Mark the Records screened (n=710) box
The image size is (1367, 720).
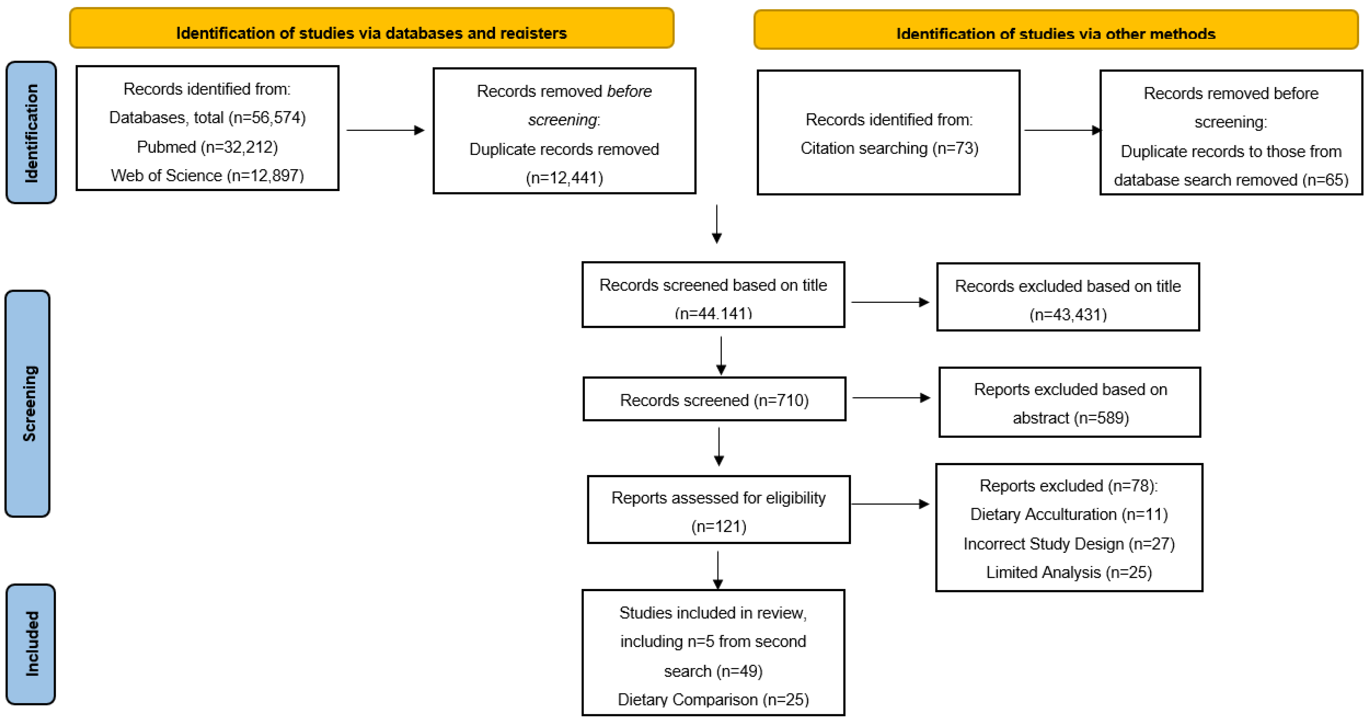click(x=714, y=399)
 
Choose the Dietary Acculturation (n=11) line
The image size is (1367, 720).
click(x=1069, y=514)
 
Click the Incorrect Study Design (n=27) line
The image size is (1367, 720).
click(x=1069, y=544)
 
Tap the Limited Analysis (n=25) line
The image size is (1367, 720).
click(x=1069, y=572)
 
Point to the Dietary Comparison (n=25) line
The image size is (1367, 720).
click(x=713, y=700)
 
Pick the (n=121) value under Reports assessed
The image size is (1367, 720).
click(x=719, y=526)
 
